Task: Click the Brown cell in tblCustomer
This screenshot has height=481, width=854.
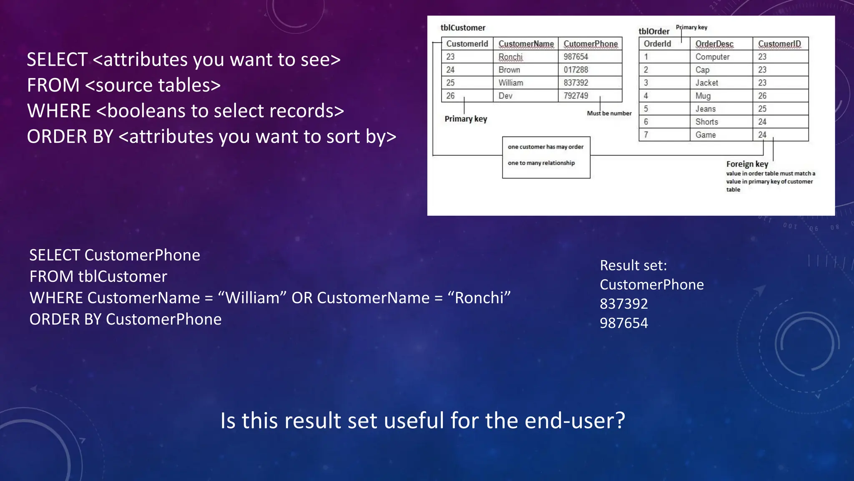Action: [x=509, y=70]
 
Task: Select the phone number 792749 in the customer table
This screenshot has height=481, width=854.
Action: [x=576, y=96]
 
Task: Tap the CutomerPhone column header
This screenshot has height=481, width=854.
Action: [x=590, y=44]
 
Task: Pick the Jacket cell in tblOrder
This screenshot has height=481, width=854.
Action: [x=706, y=83]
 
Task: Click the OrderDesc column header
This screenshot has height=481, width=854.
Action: [x=714, y=44]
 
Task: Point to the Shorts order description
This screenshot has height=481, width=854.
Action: [x=706, y=122]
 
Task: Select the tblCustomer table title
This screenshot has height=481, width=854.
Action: [x=463, y=28]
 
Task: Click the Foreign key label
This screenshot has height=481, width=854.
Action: [x=747, y=164]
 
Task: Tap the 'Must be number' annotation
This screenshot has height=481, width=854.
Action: [x=609, y=113]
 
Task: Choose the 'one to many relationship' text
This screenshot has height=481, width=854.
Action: [x=541, y=163]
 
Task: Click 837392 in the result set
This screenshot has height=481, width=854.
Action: [x=624, y=304]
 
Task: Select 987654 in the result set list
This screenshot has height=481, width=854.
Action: [x=624, y=323]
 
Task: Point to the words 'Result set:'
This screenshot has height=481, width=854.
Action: [x=633, y=265]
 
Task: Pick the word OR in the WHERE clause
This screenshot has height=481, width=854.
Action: [x=301, y=298]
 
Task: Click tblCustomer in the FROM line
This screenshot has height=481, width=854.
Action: [x=123, y=276]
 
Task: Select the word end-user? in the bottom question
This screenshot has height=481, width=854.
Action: [x=575, y=420]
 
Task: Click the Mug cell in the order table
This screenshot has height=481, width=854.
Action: [x=703, y=96]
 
